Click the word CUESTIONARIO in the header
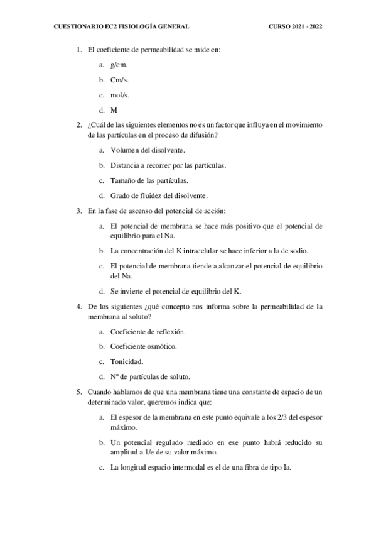tap(77, 26)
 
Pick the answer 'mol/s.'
tap(119, 95)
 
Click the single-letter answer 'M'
tap(114, 109)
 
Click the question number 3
tap(79, 211)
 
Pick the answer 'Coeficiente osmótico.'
tap(143, 346)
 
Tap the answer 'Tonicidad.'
tap(126, 361)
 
